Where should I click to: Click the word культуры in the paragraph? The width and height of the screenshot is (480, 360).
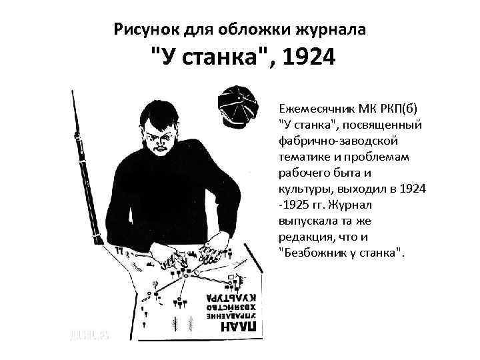pos(303,189)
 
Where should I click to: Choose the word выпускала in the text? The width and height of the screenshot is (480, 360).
pos(307,221)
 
